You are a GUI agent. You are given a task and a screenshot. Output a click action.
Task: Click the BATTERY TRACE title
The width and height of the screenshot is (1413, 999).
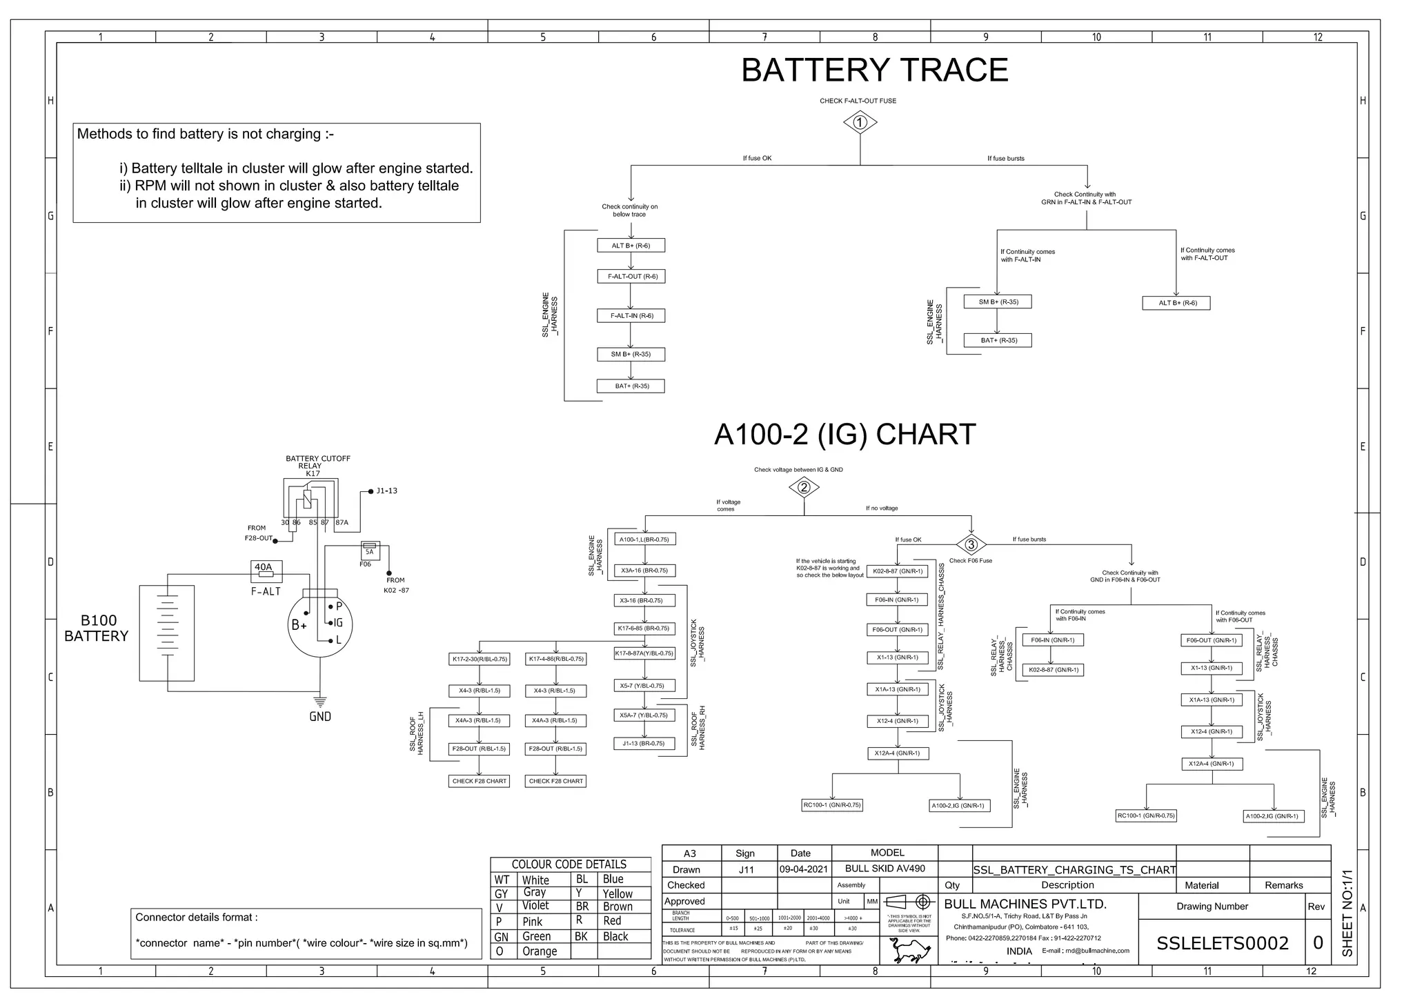pyautogui.click(x=874, y=70)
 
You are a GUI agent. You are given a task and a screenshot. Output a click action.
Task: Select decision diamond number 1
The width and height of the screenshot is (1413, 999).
pyautogui.click(x=860, y=123)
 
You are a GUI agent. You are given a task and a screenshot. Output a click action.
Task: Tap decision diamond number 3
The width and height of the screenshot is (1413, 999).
pyautogui.click(x=971, y=544)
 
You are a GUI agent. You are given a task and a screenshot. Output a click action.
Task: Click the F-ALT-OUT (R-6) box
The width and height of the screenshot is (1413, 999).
pyautogui.click(x=631, y=276)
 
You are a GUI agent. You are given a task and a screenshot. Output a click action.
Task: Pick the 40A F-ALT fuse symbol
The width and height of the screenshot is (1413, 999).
pyautogui.click(x=265, y=572)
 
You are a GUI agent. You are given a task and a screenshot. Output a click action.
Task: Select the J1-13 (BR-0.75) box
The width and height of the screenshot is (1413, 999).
pyautogui.click(x=644, y=743)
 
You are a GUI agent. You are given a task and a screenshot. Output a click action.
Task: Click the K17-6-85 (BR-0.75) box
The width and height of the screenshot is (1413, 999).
pyautogui.click(x=644, y=629)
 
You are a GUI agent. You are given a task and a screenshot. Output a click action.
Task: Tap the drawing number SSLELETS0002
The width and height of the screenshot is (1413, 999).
pyautogui.click(x=1222, y=943)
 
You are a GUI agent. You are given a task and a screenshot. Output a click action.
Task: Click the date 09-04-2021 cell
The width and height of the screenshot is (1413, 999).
pyautogui.click(x=804, y=869)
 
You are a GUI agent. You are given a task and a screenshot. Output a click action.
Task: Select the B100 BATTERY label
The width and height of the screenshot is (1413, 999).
pyautogui.click(x=97, y=628)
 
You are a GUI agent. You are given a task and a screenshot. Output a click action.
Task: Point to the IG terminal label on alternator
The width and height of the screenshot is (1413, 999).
pyautogui.click(x=338, y=623)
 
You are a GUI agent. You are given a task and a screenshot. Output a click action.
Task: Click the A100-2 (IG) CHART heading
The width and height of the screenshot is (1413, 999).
pyautogui.click(x=844, y=435)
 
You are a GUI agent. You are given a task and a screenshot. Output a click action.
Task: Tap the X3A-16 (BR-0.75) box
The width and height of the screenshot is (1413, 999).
pyautogui.click(x=644, y=571)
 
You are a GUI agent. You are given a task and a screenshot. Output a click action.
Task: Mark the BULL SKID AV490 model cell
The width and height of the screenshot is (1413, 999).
pyautogui.click(x=885, y=869)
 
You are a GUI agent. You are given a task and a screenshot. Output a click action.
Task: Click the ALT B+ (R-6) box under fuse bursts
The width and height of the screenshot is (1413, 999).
pyautogui.click(x=1177, y=303)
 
